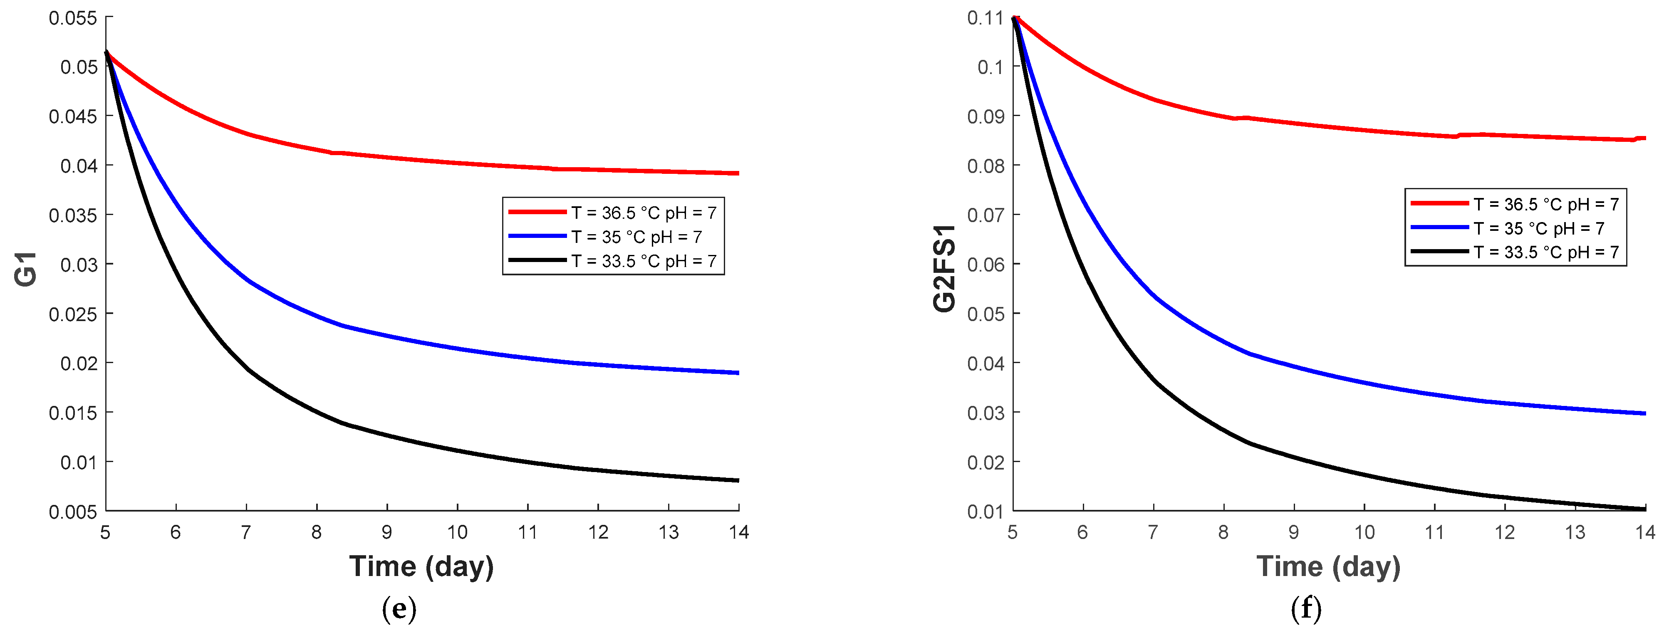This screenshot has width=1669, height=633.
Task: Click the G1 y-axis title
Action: (26, 270)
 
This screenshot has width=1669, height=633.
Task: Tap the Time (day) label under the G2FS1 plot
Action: (1328, 566)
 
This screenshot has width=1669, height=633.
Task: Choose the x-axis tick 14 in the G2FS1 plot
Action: (1645, 533)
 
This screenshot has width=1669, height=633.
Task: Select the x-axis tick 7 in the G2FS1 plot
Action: (1153, 533)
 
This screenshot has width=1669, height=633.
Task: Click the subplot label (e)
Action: (399, 609)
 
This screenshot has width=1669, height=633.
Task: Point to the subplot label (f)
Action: (1306, 609)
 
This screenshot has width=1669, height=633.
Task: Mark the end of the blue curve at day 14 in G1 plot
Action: (738, 373)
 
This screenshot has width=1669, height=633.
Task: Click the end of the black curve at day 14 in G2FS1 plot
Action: (1644, 509)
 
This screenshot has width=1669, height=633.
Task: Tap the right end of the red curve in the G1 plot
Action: (738, 173)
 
